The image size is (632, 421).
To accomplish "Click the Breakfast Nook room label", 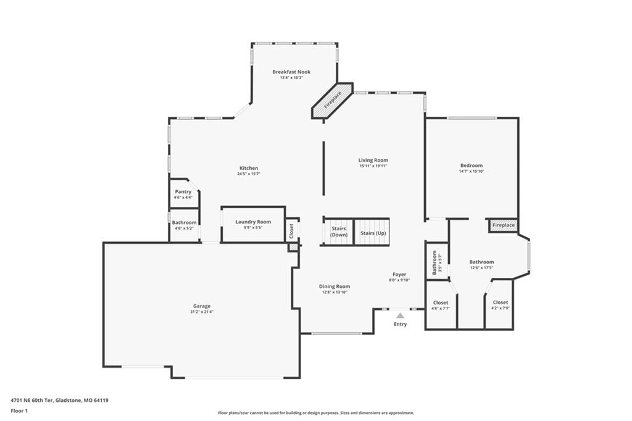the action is pyautogui.click(x=291, y=72).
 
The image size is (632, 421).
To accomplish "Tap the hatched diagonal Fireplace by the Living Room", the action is pyautogui.click(x=333, y=101).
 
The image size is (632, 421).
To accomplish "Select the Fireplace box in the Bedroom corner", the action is pyautogui.click(x=504, y=225).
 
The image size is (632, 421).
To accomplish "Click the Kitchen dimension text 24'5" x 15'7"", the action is pyautogui.click(x=249, y=174).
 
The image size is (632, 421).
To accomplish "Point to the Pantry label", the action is pyautogui.click(x=183, y=191).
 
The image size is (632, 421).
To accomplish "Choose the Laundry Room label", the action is pyautogui.click(x=253, y=222).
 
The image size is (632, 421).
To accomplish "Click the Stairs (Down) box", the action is pyautogui.click(x=339, y=231).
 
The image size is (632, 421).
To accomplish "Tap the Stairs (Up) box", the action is pyautogui.click(x=372, y=231).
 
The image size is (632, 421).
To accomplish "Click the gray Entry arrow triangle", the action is pyautogui.click(x=400, y=315).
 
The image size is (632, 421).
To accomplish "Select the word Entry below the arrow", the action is pyautogui.click(x=400, y=324).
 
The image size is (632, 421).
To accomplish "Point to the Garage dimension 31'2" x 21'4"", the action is pyautogui.click(x=202, y=312).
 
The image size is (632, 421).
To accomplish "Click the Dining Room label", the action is pyautogui.click(x=335, y=286).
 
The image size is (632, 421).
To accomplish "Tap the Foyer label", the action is pyautogui.click(x=399, y=274).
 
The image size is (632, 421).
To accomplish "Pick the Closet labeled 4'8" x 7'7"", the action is pyautogui.click(x=441, y=306).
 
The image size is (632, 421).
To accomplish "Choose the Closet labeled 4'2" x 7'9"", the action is pyautogui.click(x=500, y=305).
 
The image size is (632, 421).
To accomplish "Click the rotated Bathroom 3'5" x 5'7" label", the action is pyautogui.click(x=437, y=262).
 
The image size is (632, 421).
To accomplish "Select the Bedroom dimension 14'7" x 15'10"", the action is pyautogui.click(x=472, y=171).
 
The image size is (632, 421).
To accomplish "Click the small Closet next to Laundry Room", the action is pyautogui.click(x=292, y=231).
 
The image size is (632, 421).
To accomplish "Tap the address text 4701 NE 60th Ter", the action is pyautogui.click(x=32, y=401).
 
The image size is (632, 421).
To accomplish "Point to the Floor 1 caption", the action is pyautogui.click(x=19, y=411).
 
